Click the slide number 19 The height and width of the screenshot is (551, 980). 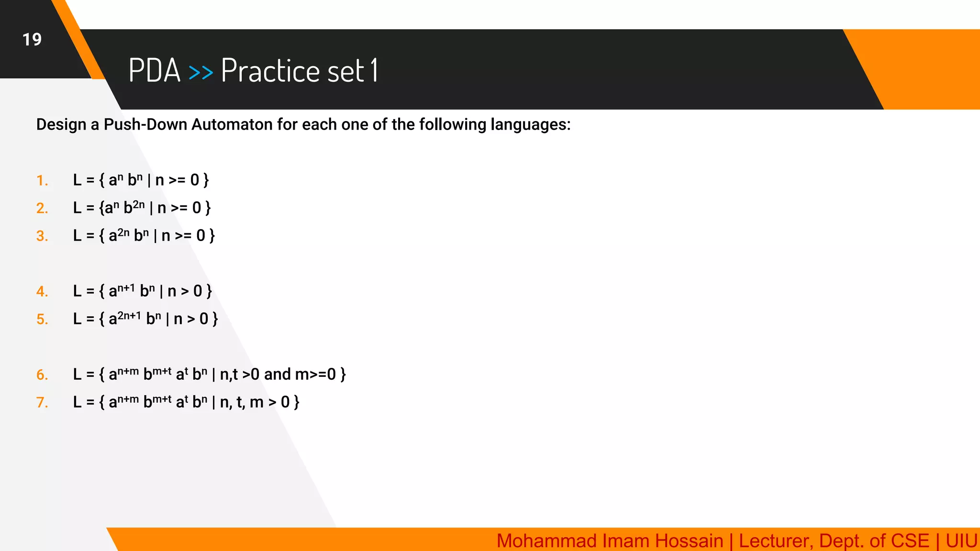(x=32, y=39)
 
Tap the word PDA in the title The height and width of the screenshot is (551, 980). (x=154, y=70)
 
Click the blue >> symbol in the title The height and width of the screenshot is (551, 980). (x=200, y=72)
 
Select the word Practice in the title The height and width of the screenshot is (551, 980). (x=270, y=70)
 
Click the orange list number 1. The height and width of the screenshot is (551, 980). (x=42, y=181)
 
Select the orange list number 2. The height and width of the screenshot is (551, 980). (x=42, y=209)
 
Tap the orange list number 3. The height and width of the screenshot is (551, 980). (x=42, y=236)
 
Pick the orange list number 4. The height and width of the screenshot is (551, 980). (x=42, y=292)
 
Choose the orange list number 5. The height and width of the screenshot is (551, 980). (x=42, y=320)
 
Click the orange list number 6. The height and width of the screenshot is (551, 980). (x=42, y=375)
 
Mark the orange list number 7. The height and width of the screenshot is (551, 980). (x=42, y=403)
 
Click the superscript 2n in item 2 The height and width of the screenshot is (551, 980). (x=139, y=204)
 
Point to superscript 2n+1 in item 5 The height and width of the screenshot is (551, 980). (x=129, y=315)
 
